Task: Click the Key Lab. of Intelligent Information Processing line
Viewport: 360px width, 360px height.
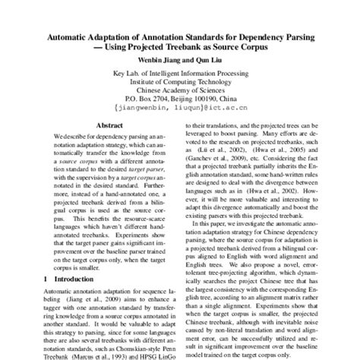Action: coord(180,73)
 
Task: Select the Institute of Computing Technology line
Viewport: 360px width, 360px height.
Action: coord(180,81)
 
